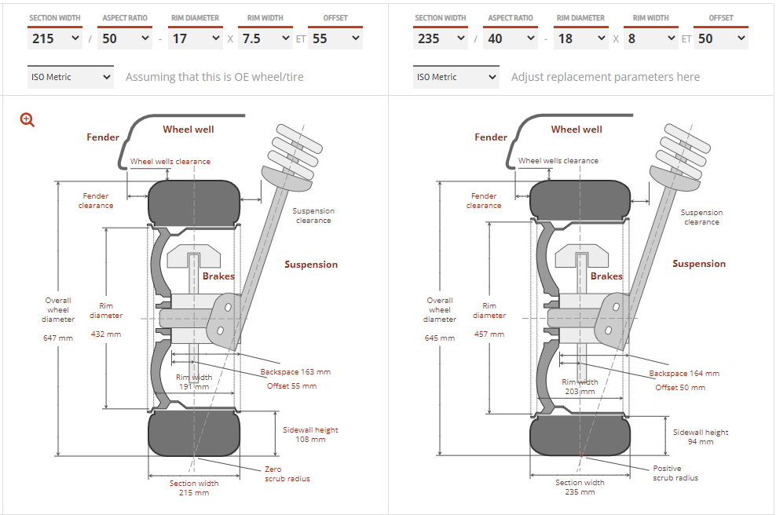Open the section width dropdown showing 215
click(x=55, y=38)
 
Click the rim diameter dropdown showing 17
click(x=196, y=38)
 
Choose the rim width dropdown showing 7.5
click(x=265, y=38)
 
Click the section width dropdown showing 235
click(x=441, y=38)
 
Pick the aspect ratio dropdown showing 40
click(x=511, y=38)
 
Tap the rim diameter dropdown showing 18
click(x=581, y=38)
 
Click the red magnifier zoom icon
click(x=27, y=119)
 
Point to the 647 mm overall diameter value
click(x=58, y=338)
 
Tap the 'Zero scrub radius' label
click(x=287, y=473)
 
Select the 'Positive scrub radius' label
click(x=675, y=473)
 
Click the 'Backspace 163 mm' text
click(x=295, y=372)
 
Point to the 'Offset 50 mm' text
click(x=680, y=387)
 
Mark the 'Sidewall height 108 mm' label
click(x=310, y=434)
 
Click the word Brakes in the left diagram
click(x=218, y=276)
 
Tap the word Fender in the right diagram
click(x=491, y=137)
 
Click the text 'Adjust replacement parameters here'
click(x=605, y=77)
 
